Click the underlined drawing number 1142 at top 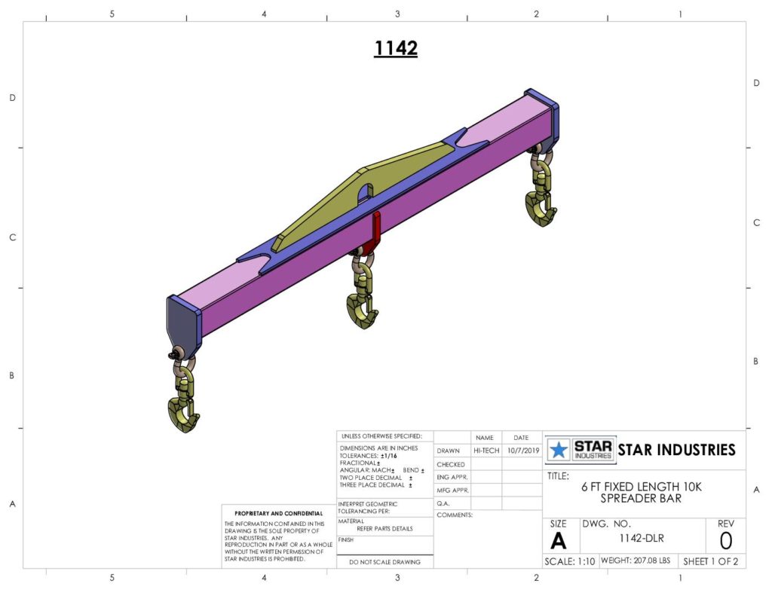point(396,48)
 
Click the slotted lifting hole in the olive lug point(365,193)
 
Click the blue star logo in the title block point(559,450)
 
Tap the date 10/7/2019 point(523,451)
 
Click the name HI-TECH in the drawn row point(486,451)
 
